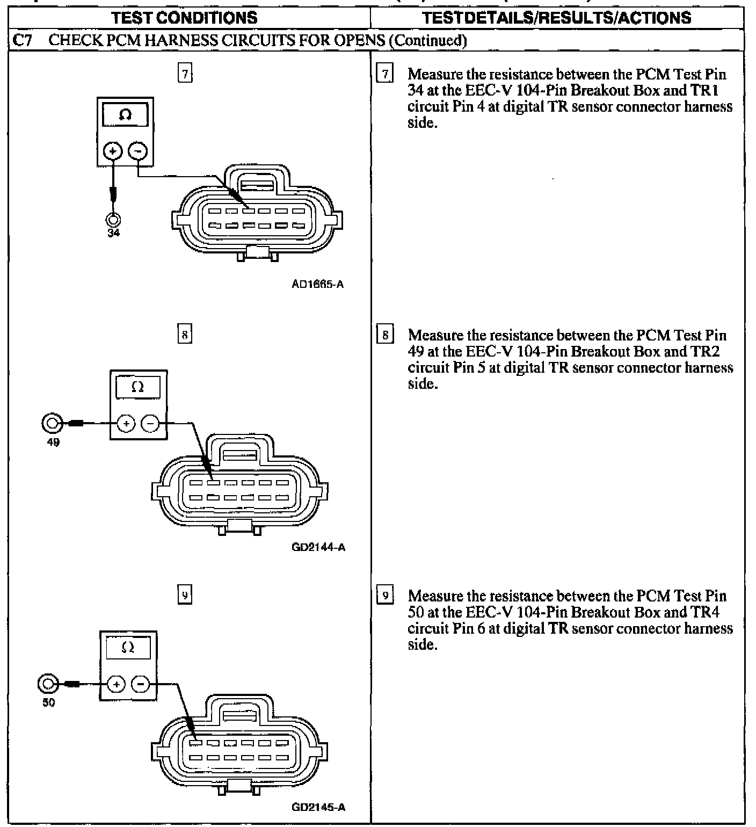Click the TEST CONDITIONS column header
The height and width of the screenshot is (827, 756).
[x=184, y=18]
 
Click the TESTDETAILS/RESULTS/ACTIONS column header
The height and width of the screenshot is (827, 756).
[x=557, y=18]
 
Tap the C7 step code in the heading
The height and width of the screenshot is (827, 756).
[x=21, y=40]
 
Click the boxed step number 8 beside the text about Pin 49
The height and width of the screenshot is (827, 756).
[x=385, y=336]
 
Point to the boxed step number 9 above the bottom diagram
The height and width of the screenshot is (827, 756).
[x=184, y=595]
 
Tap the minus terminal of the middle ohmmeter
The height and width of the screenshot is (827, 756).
[x=150, y=424]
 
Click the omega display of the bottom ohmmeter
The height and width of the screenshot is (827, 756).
[x=128, y=648]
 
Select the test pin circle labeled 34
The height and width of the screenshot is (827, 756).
[x=113, y=219]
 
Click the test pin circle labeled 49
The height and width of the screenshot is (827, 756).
[x=52, y=424]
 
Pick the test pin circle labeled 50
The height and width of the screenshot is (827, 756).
[x=48, y=684]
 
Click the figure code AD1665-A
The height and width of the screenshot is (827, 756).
[x=317, y=284]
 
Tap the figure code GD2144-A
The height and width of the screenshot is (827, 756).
[x=319, y=547]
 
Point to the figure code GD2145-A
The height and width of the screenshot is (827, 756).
[x=318, y=807]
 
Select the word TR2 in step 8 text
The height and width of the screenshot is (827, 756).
[x=705, y=351]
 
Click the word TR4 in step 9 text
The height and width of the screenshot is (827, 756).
[x=705, y=612]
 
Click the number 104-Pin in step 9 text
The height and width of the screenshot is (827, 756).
[x=542, y=612]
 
